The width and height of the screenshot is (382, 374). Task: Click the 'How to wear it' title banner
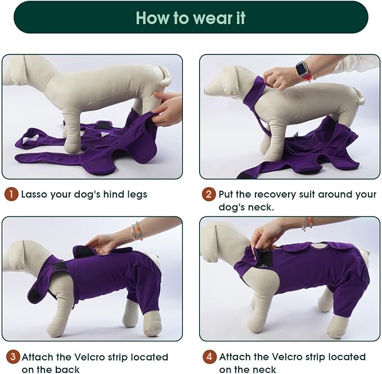[x=191, y=17]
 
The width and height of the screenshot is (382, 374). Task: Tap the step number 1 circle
[x=11, y=195]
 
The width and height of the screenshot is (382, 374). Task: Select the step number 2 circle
[x=209, y=195]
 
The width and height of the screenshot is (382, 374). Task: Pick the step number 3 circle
[x=11, y=357]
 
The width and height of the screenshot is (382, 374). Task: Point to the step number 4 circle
[x=209, y=357]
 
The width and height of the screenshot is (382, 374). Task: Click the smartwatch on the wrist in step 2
[x=302, y=71]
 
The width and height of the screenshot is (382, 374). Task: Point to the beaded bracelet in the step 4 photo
[x=307, y=224]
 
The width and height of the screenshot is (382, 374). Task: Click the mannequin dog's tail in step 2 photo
[x=359, y=97]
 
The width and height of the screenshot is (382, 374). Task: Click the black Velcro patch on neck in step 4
[x=264, y=256]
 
